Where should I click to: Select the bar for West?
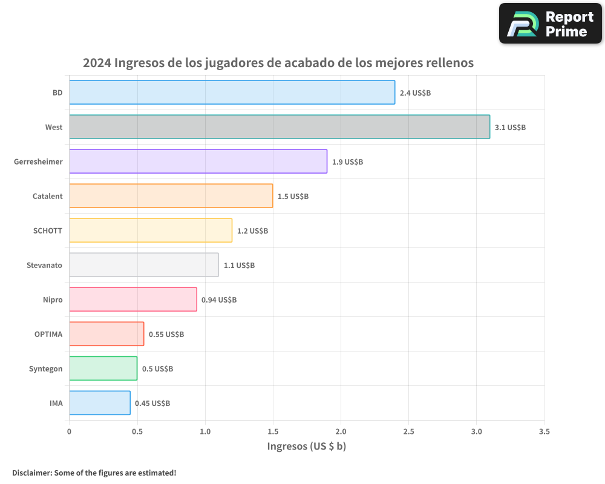(x=280, y=127)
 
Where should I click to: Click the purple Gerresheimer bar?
(x=198, y=162)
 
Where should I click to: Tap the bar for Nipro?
(x=133, y=299)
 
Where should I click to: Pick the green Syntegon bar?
(x=103, y=368)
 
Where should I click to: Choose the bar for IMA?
(x=100, y=403)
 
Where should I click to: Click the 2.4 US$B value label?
(x=415, y=93)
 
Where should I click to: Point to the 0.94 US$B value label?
(x=219, y=300)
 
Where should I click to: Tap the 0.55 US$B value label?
(x=166, y=335)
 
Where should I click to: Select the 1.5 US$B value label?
(x=293, y=197)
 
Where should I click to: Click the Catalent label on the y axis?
(x=47, y=196)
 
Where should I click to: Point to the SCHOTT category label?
(x=48, y=231)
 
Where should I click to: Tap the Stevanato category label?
(x=44, y=265)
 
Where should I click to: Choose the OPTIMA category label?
(x=48, y=334)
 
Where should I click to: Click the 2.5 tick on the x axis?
(x=408, y=432)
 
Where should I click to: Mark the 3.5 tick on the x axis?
(x=544, y=432)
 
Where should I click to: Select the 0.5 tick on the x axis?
(x=137, y=432)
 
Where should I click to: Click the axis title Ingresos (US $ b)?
(x=306, y=446)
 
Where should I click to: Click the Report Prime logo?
(x=550, y=24)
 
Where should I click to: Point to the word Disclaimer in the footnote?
(x=31, y=473)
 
